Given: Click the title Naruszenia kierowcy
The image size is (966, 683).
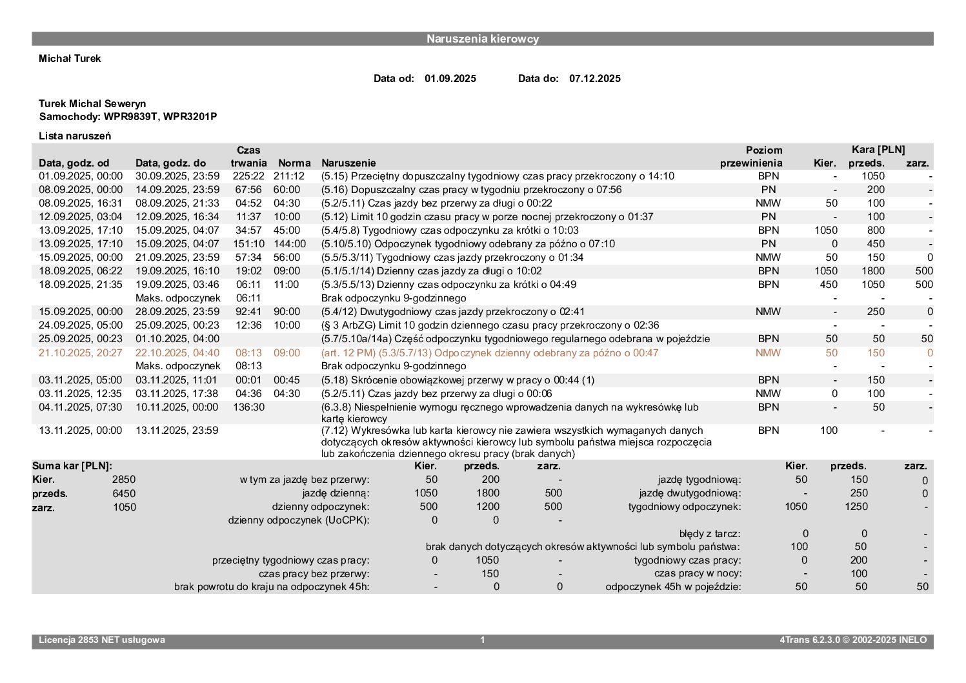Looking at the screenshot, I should [x=482, y=39].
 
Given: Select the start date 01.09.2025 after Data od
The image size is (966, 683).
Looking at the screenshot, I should [x=450, y=79].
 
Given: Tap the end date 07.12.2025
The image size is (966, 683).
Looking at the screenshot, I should [x=594, y=79].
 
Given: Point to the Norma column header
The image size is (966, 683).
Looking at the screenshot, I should [x=294, y=163].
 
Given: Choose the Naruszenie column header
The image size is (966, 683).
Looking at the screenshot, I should [x=348, y=163].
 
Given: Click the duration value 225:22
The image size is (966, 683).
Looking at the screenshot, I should [x=248, y=176].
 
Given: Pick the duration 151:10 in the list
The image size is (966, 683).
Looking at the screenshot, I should [x=248, y=244].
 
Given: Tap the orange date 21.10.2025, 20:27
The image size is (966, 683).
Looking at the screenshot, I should [x=81, y=353].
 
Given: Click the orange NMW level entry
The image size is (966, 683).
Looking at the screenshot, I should [x=768, y=353].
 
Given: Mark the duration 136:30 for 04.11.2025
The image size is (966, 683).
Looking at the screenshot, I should [x=248, y=407].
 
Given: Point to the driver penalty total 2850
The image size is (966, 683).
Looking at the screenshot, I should [x=124, y=480].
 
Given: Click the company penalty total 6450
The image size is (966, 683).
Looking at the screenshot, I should [x=124, y=494].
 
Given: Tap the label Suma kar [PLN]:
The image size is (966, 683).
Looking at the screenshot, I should [x=72, y=466].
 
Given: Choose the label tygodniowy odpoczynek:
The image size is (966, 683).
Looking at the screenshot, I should [x=685, y=507].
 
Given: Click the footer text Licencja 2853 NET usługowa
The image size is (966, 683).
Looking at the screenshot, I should [x=102, y=640].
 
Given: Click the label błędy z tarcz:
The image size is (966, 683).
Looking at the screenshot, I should [x=710, y=534].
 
